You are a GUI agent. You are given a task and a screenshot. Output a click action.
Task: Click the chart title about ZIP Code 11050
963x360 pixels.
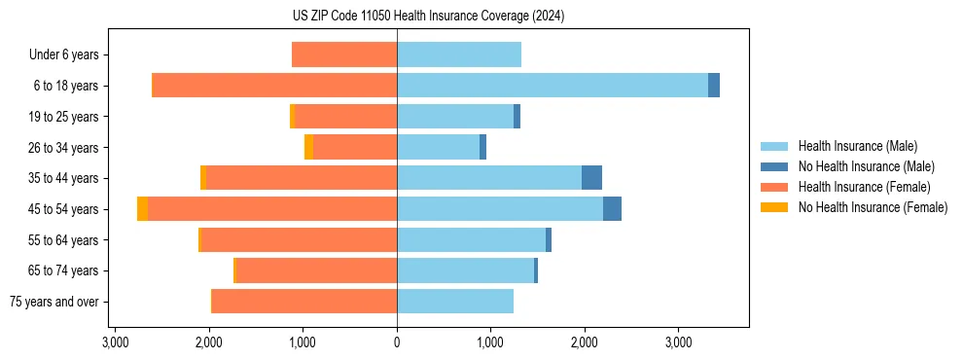click(428, 17)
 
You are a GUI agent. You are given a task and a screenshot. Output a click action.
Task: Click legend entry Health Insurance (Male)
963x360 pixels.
click(857, 146)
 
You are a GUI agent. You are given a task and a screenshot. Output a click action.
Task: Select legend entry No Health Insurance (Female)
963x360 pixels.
click(873, 207)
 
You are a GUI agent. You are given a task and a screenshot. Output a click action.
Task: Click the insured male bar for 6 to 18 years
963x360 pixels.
click(552, 86)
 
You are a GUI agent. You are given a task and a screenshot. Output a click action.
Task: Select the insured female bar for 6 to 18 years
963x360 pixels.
click(275, 86)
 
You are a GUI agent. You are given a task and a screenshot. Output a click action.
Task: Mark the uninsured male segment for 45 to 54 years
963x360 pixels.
click(612, 209)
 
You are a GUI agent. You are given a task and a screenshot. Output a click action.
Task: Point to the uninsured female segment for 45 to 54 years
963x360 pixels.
click(143, 209)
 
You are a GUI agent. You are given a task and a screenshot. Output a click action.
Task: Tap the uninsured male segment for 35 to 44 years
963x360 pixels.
click(591, 178)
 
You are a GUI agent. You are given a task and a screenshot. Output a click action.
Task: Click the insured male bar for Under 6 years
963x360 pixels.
click(459, 54)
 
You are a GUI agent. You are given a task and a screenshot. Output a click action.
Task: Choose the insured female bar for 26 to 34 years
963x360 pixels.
click(355, 147)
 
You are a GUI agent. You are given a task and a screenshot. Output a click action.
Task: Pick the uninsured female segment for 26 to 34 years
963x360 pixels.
click(308, 147)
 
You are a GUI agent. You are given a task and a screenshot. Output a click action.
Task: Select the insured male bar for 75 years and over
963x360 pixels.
click(455, 302)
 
